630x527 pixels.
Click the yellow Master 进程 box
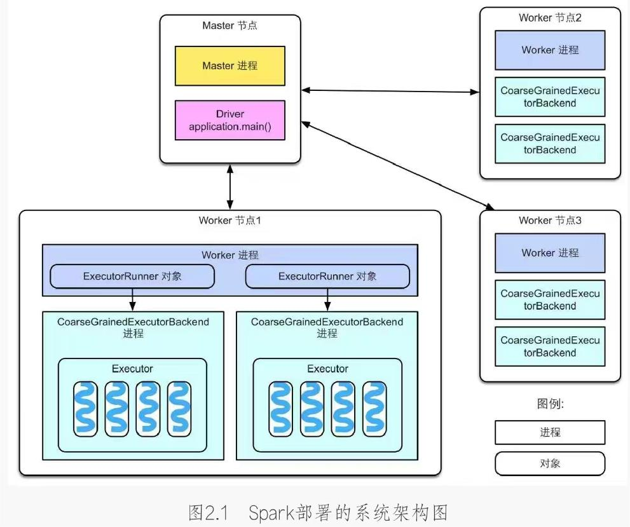[x=229, y=65]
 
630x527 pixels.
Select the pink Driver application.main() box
[x=229, y=120]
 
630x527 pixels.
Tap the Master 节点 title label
[x=229, y=26]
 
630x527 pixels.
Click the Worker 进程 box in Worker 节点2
[x=550, y=50]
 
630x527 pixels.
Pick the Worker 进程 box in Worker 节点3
[x=550, y=252]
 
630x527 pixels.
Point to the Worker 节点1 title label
[x=229, y=221]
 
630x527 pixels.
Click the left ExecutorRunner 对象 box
[x=132, y=277]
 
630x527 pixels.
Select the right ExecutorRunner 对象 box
[x=327, y=277]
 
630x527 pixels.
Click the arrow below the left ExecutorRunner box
[x=132, y=299]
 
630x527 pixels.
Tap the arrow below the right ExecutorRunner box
[x=327, y=299]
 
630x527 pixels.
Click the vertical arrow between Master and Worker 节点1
[x=229, y=186]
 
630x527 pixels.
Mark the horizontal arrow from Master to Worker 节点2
[x=390, y=91]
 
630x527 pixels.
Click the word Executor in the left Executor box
[x=132, y=369]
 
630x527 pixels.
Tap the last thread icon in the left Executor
[x=179, y=409]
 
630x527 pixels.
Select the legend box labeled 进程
[x=550, y=432]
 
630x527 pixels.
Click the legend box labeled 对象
[x=550, y=463]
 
